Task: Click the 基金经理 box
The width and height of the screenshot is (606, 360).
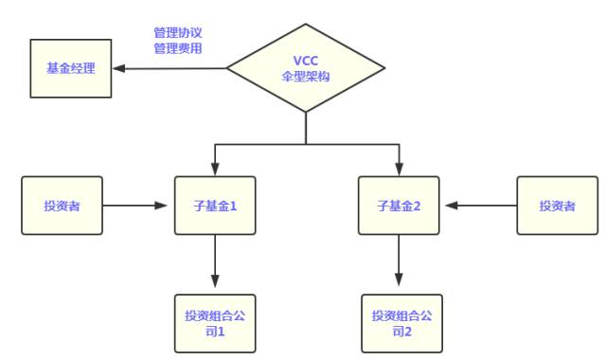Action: pos(71,68)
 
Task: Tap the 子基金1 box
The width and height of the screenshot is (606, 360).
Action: pos(215,205)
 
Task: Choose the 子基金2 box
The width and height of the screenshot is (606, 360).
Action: pos(399,205)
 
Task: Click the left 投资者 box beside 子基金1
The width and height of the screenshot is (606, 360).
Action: pos(62,205)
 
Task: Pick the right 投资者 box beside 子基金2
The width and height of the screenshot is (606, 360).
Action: pos(557,205)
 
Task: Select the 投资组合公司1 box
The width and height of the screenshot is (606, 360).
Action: pos(215,323)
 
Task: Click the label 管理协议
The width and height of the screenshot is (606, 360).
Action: pos(178,32)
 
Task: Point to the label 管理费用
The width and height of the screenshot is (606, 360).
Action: pos(178,47)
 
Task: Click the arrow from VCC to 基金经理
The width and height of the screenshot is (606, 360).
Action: pos(170,68)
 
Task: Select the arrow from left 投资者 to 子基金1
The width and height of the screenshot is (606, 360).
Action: pos(138,205)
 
